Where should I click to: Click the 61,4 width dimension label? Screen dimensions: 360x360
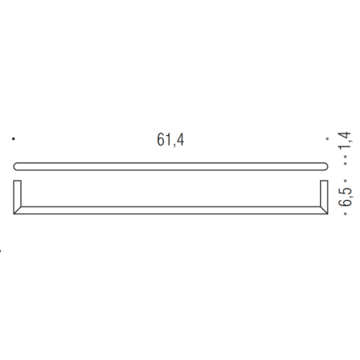(x=170, y=139)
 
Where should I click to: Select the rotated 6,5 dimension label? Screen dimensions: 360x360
(x=345, y=198)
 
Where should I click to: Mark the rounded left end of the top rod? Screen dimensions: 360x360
(x=18, y=166)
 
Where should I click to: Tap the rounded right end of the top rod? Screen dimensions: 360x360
(x=325, y=166)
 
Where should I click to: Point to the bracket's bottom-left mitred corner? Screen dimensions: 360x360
(x=19, y=212)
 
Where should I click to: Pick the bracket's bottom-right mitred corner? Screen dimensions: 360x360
(x=323, y=212)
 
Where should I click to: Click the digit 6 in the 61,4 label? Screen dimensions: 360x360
(x=161, y=139)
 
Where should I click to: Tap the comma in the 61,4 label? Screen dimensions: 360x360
(x=173, y=145)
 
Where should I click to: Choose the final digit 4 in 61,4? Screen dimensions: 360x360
(x=179, y=139)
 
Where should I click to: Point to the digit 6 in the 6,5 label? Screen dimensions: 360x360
(x=345, y=204)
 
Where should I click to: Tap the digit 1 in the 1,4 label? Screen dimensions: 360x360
(x=345, y=151)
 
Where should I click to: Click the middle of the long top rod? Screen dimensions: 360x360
(x=171, y=166)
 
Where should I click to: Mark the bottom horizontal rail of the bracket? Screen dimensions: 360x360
(x=171, y=210)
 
